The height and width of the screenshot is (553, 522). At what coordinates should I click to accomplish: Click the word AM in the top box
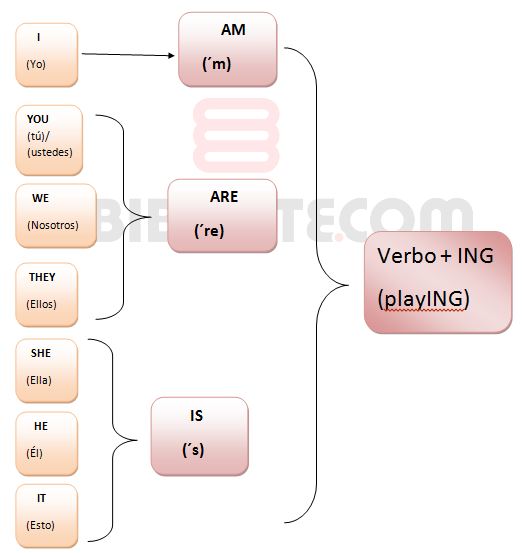pos(233,30)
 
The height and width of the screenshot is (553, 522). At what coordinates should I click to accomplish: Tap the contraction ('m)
pos(217,64)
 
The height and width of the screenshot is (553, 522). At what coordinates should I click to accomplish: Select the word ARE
pos(224,197)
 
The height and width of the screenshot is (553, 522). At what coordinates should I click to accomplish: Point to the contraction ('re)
pos(209,231)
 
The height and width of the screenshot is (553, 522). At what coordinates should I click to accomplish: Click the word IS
pos(196,416)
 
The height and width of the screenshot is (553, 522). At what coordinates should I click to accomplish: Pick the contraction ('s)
pos(193,450)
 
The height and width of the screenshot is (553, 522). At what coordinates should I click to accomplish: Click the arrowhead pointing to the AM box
pos(171,55)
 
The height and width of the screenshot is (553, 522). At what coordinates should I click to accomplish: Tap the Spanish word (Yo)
pos(36,65)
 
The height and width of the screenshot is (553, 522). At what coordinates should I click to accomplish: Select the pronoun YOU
pos(38,119)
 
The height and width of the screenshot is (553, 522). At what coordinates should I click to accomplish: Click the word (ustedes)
pos(50,152)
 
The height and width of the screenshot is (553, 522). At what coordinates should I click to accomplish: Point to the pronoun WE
pos(41,198)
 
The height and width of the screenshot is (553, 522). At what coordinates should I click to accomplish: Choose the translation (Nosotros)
pos(53,225)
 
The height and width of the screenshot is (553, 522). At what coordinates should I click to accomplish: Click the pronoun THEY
pos(42,277)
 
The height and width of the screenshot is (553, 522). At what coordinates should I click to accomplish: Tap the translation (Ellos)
pos(41,304)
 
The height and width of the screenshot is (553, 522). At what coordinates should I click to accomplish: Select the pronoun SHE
pos(41,353)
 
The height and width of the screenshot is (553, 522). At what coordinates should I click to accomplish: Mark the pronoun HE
pos(41,426)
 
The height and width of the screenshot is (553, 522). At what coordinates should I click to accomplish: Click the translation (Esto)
pos(40,525)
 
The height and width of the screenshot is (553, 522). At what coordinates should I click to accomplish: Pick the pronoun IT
pos(41,498)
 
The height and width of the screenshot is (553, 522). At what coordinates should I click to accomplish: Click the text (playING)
pos(423,299)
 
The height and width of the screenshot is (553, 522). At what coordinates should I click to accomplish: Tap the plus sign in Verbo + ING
pos(446,256)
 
